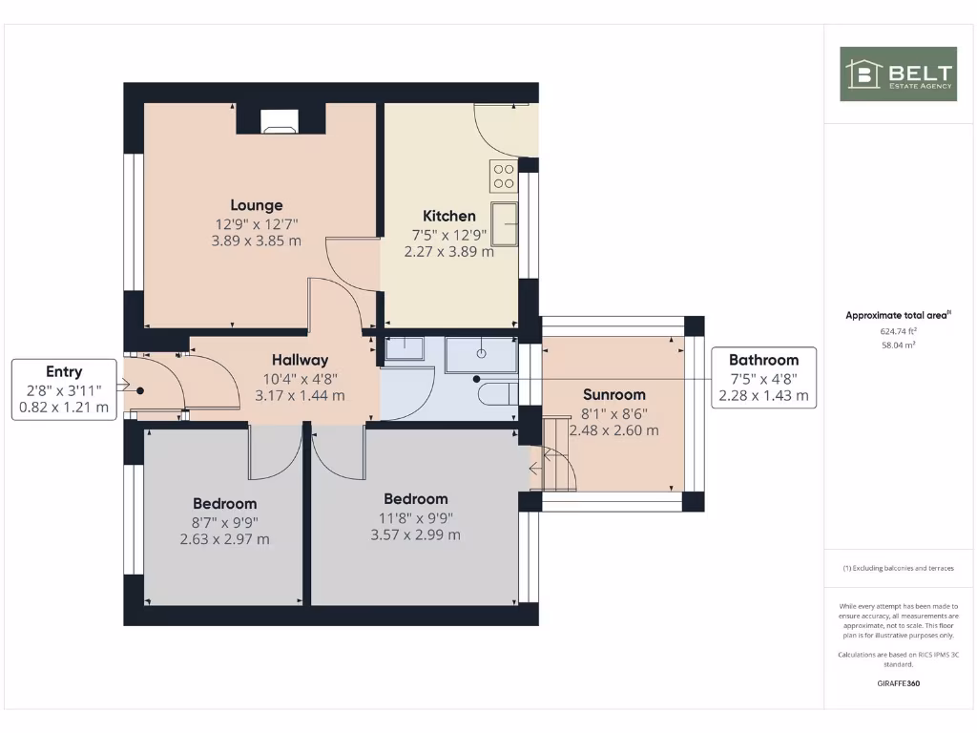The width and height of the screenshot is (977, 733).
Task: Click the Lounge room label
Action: point(256,205)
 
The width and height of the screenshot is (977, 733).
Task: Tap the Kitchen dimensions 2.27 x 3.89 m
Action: point(449,252)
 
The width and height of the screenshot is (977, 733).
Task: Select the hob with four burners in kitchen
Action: point(503,176)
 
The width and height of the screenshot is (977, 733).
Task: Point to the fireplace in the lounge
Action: point(281,120)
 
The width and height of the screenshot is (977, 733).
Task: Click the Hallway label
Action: point(300,360)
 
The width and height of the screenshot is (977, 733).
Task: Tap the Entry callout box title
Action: point(64,372)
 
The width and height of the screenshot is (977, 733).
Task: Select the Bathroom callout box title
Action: point(763,360)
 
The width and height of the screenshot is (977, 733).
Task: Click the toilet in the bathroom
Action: point(495,393)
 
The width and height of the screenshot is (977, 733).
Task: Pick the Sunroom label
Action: point(613,394)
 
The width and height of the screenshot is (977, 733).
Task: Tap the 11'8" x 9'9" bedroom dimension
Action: point(415,517)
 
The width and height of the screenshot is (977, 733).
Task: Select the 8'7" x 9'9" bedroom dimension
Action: point(225,522)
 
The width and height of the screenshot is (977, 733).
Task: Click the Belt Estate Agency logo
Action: point(898,73)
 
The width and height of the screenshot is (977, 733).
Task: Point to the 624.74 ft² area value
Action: point(898,331)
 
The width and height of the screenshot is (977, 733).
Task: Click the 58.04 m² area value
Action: point(898,346)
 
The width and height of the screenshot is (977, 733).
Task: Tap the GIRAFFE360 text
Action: point(898,683)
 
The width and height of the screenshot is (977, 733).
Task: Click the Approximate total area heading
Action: point(898,315)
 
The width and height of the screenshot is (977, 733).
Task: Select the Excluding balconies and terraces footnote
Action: point(898,568)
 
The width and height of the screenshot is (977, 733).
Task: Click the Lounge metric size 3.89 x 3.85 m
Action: point(256,241)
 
